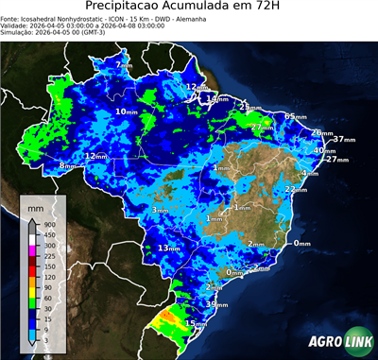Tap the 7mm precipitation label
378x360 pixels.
(125, 64)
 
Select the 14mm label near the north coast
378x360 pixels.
(217, 98)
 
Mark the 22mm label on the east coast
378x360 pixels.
(296, 189)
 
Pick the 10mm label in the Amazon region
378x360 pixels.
(126, 111)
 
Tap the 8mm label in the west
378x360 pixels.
(67, 166)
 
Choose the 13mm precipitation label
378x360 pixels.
(168, 248)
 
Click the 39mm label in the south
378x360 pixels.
(216, 305)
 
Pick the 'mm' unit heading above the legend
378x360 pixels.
(36, 206)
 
